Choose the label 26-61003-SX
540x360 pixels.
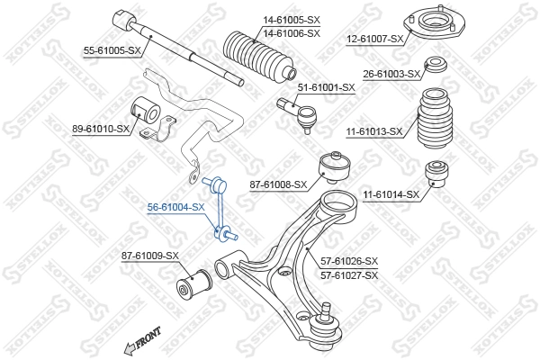(x=391, y=74)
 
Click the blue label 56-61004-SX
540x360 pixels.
(x=176, y=206)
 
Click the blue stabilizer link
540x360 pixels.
(x=220, y=210)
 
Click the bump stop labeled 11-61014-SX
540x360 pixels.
(x=437, y=171)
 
